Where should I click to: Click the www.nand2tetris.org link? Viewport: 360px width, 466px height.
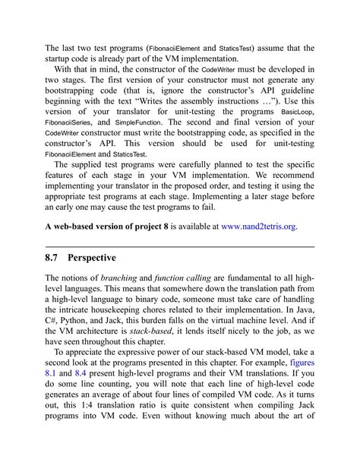(258, 226)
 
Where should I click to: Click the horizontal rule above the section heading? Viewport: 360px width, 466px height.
(180, 246)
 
